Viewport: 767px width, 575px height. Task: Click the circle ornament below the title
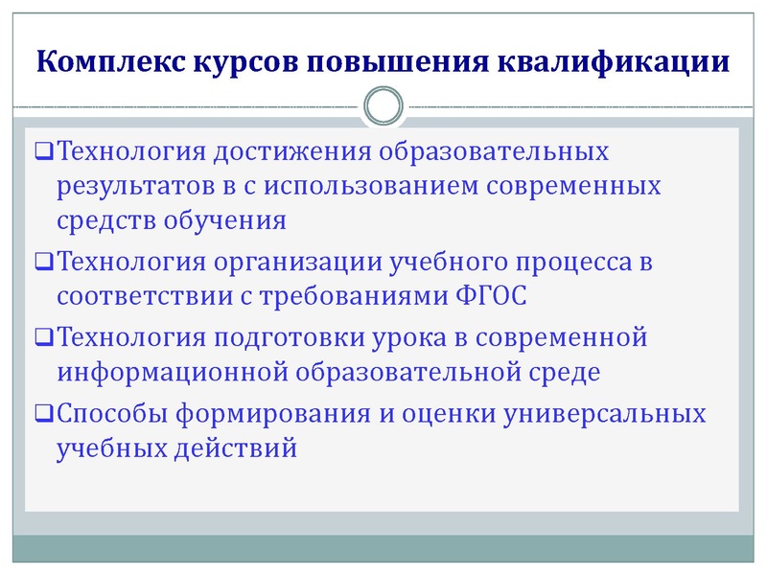(x=383, y=106)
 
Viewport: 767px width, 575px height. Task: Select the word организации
(x=294, y=261)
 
